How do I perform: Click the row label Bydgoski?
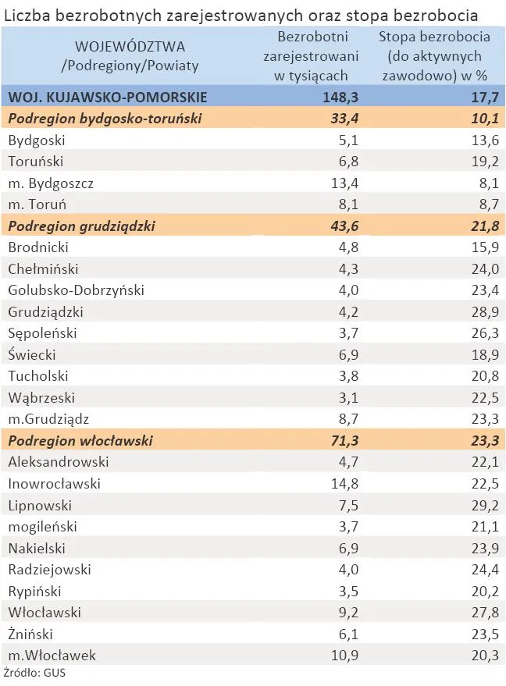click(x=37, y=140)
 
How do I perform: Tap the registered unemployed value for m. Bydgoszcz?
click(x=344, y=183)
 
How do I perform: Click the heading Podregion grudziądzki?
click(x=81, y=226)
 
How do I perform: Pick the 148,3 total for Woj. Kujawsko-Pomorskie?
click(x=340, y=97)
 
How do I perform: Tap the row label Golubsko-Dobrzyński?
click(x=76, y=290)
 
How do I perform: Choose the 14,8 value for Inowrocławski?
click(x=344, y=484)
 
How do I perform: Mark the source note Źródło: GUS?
click(x=29, y=671)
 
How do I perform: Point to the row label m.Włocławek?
click(x=52, y=656)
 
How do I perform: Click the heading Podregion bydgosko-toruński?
click(x=105, y=119)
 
